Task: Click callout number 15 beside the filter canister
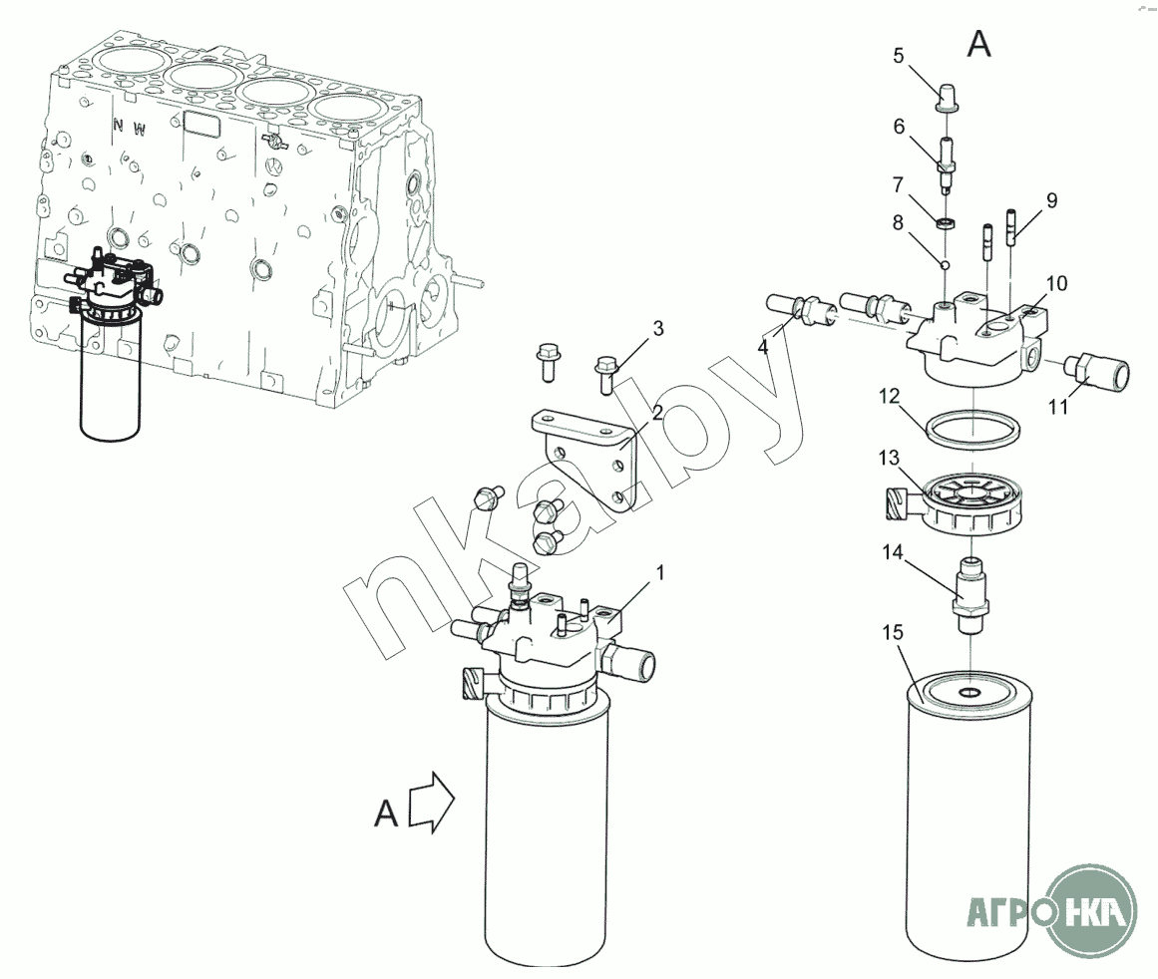[x=893, y=633]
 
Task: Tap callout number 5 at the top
[x=899, y=56]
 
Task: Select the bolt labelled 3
[x=606, y=374]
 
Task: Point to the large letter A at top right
[x=979, y=44]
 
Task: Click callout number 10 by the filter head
[x=1057, y=283]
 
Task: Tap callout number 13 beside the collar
[x=889, y=459]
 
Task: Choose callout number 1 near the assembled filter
[x=660, y=573]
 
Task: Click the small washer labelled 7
[x=947, y=222]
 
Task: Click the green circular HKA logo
[x=1092, y=912]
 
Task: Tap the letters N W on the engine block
[x=130, y=127]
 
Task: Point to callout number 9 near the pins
[x=1051, y=200]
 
